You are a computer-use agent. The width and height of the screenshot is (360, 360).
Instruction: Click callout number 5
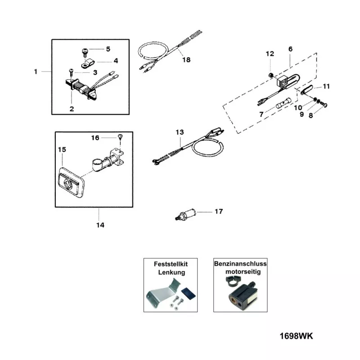(108, 49)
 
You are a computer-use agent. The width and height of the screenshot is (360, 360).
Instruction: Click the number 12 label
(270, 54)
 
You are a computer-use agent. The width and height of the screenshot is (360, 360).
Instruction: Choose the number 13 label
(180, 132)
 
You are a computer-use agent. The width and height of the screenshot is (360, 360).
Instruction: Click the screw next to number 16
(120, 137)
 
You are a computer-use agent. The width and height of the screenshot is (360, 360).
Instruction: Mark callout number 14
(100, 225)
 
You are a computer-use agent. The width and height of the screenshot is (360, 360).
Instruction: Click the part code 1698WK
(296, 336)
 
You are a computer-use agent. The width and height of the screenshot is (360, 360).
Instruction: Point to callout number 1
(36, 71)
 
